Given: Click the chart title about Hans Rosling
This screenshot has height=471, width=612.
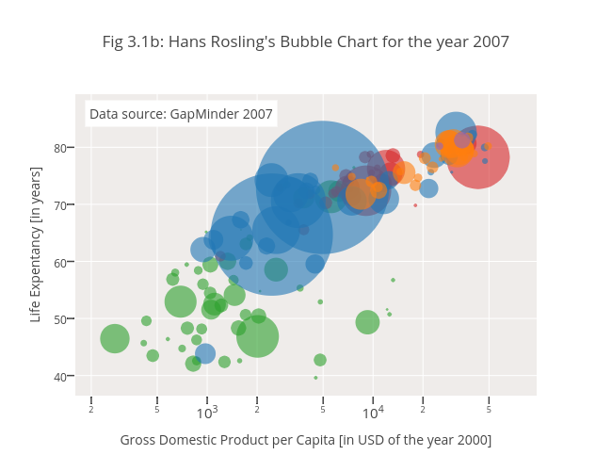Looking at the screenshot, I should point(306,42).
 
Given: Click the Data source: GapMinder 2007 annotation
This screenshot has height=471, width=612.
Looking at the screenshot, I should point(181,115).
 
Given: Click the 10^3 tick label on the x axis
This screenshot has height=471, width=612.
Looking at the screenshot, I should point(207,413).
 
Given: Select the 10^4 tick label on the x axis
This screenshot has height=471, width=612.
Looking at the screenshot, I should point(373,413).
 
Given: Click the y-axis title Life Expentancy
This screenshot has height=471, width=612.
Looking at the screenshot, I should point(36,244).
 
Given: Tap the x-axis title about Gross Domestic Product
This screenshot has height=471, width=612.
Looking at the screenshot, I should point(306,440).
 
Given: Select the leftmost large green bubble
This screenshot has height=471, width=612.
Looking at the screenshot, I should point(115,338).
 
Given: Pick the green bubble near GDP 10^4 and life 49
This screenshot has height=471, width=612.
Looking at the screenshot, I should point(367,322).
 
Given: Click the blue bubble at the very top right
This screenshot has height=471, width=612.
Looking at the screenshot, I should point(456,132).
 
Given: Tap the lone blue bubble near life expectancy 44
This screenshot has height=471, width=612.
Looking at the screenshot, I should point(205,354).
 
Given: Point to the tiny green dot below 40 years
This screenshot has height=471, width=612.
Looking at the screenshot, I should point(315,378).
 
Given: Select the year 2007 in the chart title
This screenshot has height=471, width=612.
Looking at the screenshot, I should point(490,42).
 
